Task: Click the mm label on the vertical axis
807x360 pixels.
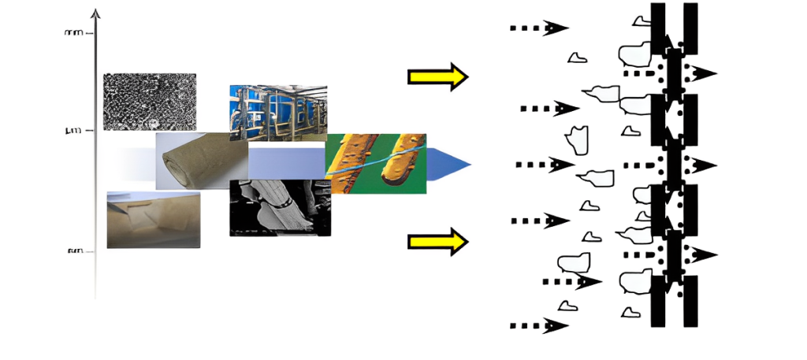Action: click(74, 33)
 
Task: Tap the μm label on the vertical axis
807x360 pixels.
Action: click(73, 130)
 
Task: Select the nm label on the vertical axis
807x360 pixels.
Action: click(75, 251)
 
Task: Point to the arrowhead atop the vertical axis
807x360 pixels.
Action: click(96, 13)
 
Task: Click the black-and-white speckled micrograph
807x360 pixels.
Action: click(150, 102)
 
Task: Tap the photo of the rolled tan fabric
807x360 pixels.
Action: click(201, 161)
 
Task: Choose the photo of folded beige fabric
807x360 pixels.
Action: click(153, 220)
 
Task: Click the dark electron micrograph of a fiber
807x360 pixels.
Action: click(280, 209)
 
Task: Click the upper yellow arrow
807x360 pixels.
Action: click(437, 76)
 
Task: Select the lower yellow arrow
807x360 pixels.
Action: click(437, 240)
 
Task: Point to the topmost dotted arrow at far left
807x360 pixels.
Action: click(539, 28)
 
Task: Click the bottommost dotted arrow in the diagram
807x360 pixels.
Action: click(539, 325)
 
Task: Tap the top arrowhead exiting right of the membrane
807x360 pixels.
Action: click(704, 73)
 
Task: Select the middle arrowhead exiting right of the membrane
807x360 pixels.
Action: click(704, 165)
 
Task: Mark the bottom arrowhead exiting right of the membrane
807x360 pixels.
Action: click(704, 255)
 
